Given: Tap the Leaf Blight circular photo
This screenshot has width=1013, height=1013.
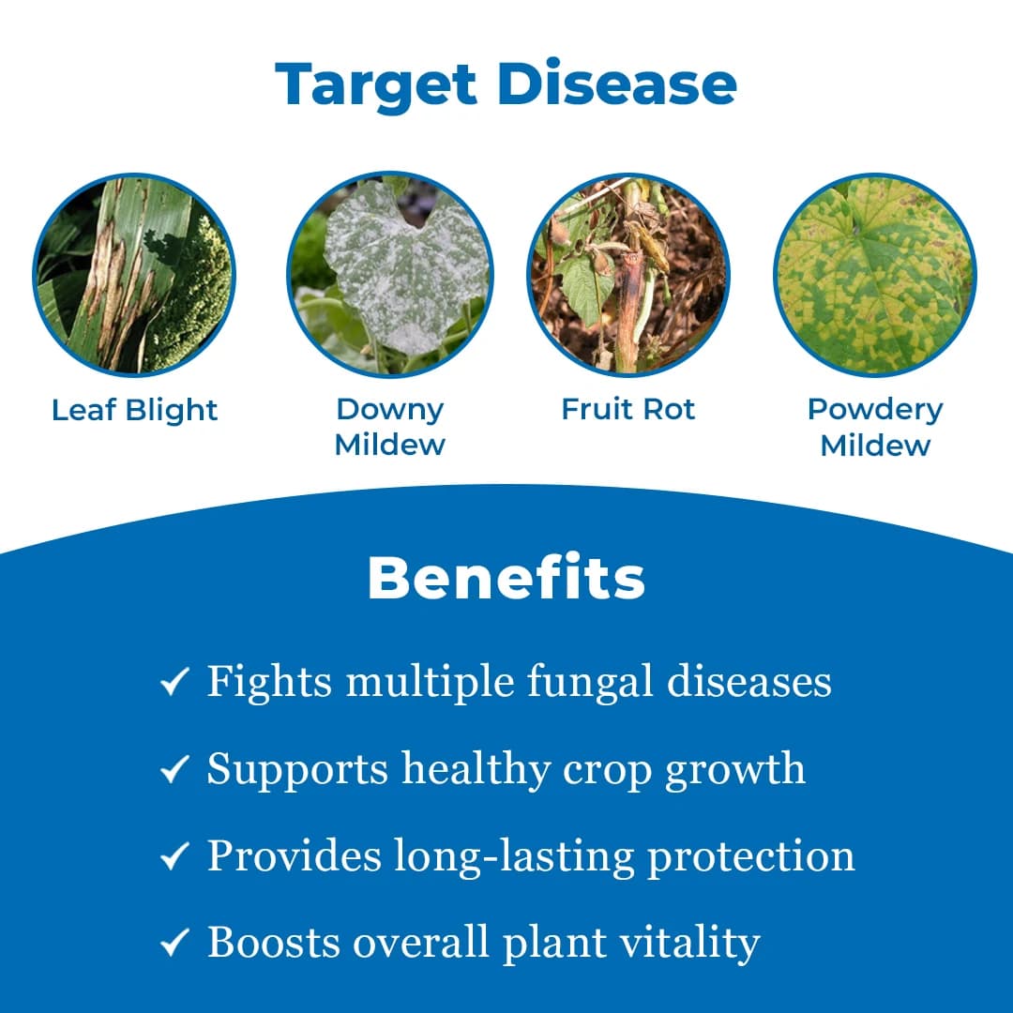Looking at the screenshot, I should click(134, 275).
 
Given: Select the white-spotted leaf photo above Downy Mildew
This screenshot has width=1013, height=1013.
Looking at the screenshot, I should click(389, 275).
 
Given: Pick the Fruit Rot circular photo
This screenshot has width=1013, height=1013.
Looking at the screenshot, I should click(628, 275).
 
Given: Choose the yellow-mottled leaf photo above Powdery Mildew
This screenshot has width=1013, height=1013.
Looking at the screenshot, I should click(874, 275).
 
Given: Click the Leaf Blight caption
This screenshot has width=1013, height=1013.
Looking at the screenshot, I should click(134, 410).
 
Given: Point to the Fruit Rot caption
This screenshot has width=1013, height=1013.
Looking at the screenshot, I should click(628, 409).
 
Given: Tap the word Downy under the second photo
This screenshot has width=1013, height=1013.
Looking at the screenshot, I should click(389, 409).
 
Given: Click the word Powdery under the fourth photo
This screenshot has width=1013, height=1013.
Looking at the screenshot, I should click(874, 409).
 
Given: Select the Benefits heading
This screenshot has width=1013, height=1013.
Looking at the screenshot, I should click(506, 579).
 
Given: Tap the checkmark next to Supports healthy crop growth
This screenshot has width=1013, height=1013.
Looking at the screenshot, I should click(175, 770).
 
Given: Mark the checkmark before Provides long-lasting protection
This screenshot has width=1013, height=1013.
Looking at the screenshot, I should click(175, 856).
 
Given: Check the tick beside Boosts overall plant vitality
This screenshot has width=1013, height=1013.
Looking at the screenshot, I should click(175, 943).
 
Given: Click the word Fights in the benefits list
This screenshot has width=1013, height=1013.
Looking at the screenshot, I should click(269, 682).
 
